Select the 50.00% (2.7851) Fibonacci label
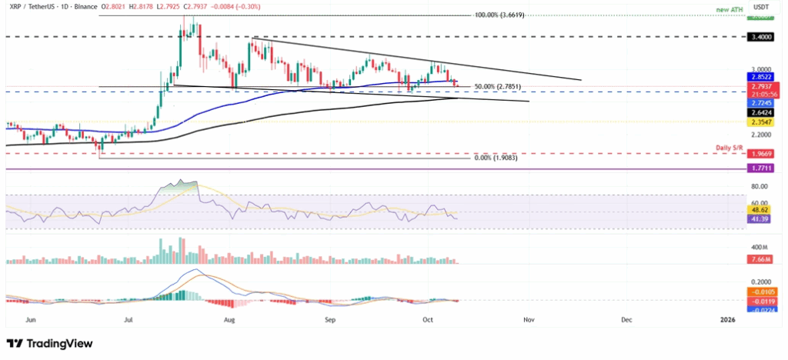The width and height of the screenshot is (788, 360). click(496, 86)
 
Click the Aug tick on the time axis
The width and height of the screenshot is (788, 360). click(229, 318)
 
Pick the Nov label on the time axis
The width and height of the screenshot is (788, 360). click(528, 318)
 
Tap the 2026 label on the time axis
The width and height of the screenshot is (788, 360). click(727, 318)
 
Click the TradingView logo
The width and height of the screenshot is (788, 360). click(49, 343)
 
